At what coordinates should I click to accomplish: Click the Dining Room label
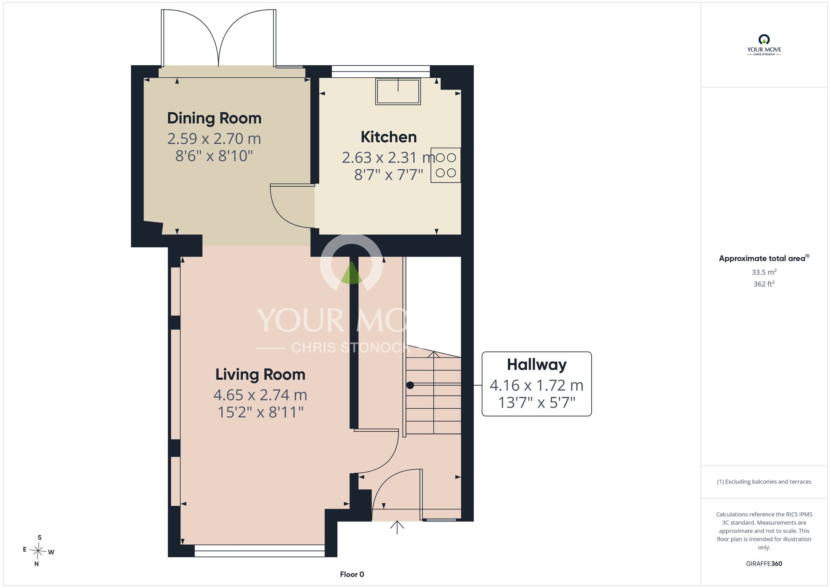214,119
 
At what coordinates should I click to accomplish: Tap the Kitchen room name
388,137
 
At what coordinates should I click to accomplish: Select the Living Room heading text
260,375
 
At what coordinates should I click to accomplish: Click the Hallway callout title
537,365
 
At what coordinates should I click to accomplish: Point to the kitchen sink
398,91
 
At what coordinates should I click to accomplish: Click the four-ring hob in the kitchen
446,165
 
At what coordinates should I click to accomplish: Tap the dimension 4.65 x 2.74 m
260,395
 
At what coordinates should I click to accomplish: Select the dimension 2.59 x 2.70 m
214,138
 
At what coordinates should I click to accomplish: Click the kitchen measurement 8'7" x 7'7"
388,175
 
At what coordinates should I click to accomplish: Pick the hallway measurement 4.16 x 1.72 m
537,385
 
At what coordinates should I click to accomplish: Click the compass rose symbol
38,551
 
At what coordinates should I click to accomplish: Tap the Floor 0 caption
352,574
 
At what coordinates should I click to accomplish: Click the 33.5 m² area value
764,272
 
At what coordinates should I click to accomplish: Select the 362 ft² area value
764,284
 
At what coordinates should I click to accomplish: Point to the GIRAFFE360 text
764,564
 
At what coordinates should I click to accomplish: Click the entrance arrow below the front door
397,527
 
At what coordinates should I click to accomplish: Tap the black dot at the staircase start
410,385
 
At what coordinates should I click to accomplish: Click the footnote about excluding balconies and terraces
764,482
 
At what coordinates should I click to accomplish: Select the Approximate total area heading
764,258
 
